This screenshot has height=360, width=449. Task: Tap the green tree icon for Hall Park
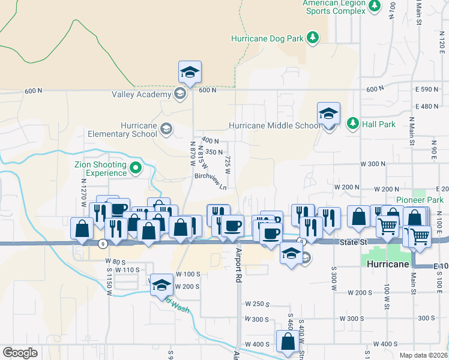[x=353, y=123]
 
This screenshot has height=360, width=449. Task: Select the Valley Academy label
[x=142, y=94]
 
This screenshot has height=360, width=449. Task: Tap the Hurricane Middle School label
[x=275, y=126]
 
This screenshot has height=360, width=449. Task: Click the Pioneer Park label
[x=420, y=200]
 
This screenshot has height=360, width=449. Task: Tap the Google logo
[x=20, y=353]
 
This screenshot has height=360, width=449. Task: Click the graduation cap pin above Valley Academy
[x=190, y=73]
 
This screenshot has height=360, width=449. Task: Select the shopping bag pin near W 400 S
[x=288, y=342]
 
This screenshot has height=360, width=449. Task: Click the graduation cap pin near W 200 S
[x=161, y=285]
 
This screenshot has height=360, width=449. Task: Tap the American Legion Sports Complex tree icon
[x=375, y=6]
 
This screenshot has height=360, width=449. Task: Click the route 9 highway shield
[x=104, y=244]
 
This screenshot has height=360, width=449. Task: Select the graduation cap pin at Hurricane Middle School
[x=329, y=113]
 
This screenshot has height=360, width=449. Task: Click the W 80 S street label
[x=115, y=262]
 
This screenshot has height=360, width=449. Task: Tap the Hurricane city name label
[x=388, y=264]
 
